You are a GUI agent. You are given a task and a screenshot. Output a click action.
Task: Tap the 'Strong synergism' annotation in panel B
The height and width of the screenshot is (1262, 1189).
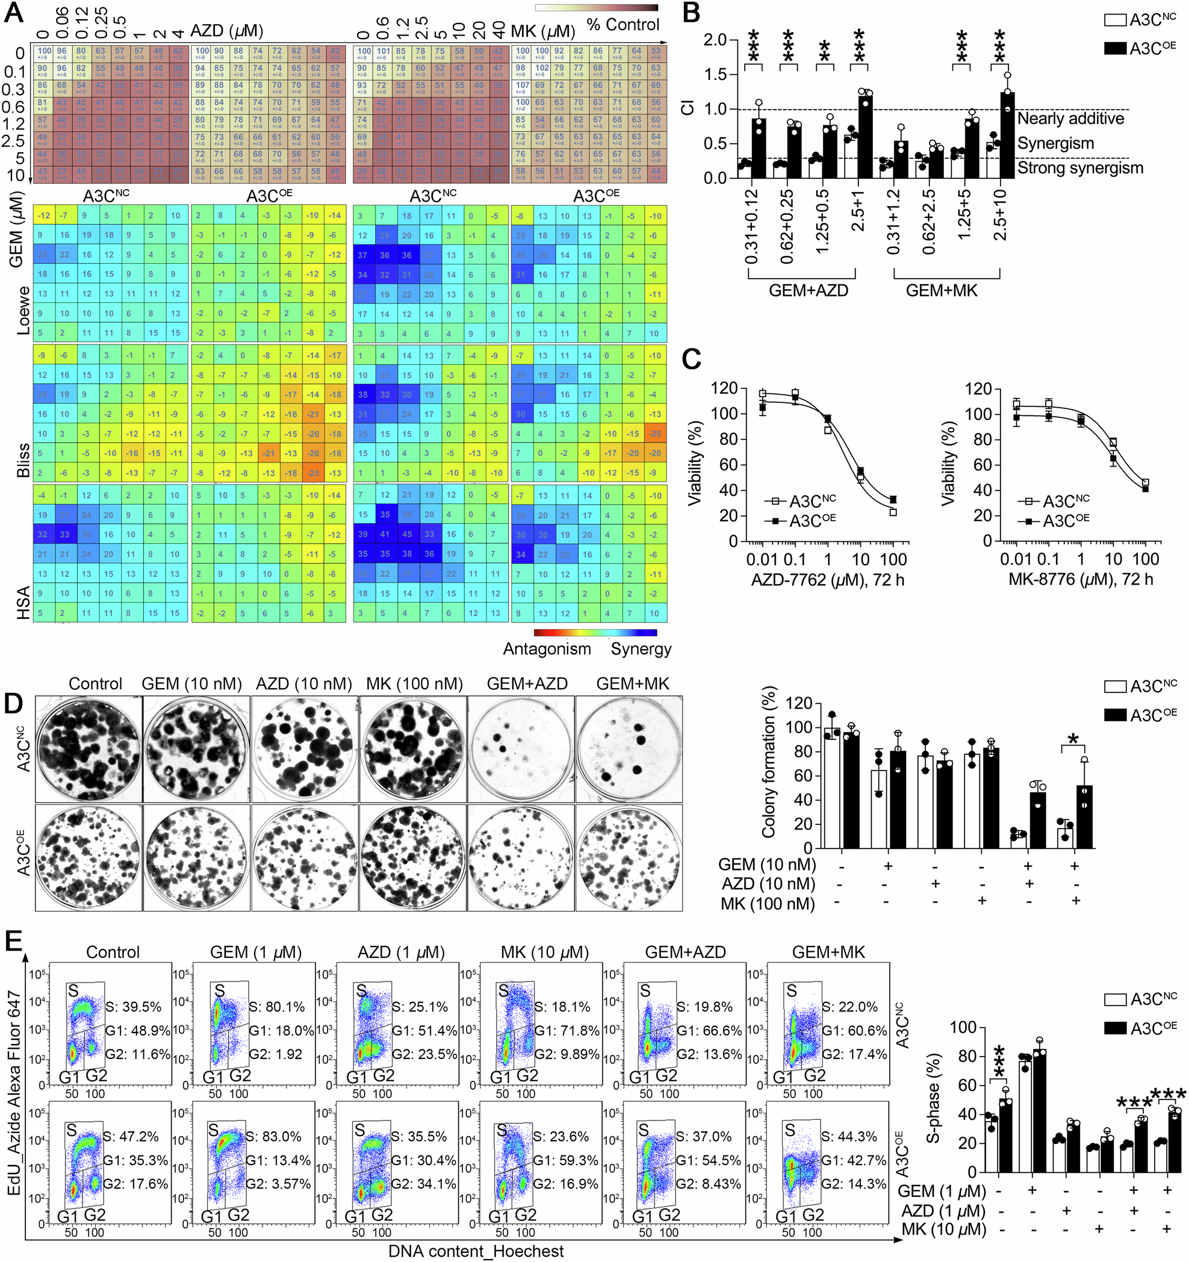[1080, 168]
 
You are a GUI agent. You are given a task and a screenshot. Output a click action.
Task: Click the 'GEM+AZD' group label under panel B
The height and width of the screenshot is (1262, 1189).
[808, 291]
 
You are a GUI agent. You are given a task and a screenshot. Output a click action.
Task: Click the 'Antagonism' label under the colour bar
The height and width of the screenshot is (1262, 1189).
[547, 649]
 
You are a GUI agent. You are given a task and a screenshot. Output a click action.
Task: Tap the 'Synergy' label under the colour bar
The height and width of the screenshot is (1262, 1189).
[641, 649]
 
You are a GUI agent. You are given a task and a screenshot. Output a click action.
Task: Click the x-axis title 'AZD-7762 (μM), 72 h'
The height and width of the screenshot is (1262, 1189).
[827, 580]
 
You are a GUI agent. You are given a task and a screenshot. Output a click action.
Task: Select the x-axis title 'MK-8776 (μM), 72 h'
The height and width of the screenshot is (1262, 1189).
[1081, 580]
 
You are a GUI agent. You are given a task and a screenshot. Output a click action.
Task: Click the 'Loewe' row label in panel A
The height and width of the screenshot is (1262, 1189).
[23, 311]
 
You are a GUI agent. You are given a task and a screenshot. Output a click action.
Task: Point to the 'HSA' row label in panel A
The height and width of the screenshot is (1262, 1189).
[23, 603]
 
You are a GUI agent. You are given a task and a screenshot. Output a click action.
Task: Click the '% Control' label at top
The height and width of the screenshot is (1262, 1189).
[622, 25]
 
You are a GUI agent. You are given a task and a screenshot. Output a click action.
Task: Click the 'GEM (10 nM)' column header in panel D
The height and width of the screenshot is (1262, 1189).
[191, 684]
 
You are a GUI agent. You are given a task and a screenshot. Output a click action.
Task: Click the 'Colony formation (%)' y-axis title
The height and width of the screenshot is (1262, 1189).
[769, 762]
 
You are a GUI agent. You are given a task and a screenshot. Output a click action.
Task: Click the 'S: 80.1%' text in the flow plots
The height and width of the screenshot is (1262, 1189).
[277, 1007]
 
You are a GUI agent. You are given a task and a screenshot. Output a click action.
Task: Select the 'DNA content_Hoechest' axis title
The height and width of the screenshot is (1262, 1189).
[476, 1251]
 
